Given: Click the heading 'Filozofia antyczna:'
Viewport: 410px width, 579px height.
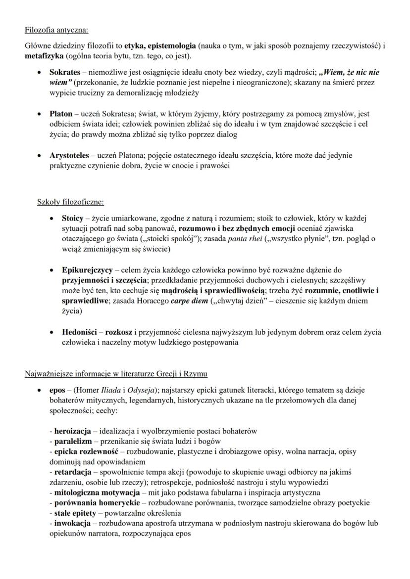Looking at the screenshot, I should coord(56,30).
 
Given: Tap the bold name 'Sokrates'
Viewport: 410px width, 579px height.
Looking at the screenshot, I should coord(66,73).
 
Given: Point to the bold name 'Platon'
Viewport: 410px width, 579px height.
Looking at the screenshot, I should coord(61,114).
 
